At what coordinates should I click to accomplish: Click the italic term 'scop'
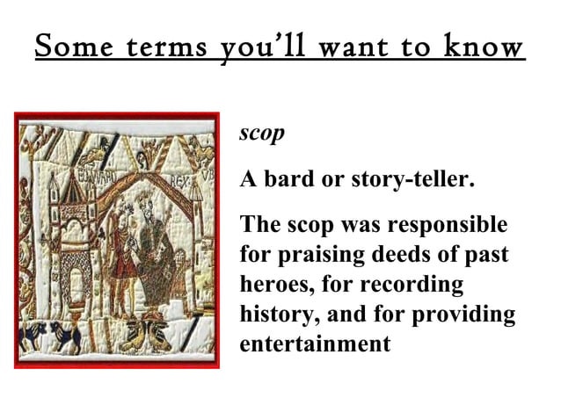[262, 134]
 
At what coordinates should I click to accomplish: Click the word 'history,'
[277, 315]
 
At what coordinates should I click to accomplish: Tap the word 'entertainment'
[315, 344]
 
